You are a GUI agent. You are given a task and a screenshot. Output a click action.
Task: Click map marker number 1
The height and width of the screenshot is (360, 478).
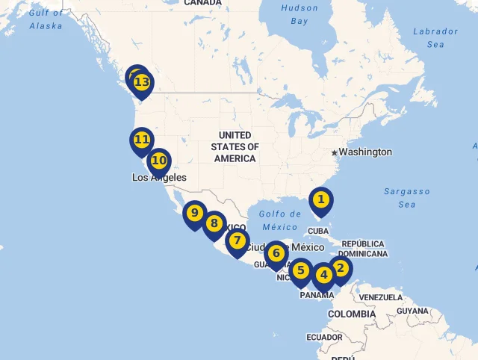[x=320, y=199]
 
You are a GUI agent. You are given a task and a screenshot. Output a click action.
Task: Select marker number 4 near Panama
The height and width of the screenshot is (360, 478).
[x=324, y=275]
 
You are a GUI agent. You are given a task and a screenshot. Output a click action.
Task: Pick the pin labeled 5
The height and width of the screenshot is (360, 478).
[x=301, y=270]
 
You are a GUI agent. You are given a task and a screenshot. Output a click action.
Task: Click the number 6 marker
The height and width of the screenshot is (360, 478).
[x=276, y=253]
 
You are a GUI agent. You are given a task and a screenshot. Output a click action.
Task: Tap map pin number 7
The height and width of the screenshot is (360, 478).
[x=237, y=241]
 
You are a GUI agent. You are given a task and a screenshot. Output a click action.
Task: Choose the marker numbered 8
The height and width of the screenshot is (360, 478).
[x=214, y=223]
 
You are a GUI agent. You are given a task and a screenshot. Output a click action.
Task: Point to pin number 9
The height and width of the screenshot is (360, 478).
[x=194, y=214]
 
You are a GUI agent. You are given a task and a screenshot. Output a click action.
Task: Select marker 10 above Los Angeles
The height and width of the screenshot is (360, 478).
[x=159, y=161]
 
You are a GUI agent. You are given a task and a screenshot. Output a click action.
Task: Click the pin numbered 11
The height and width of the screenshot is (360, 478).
[x=142, y=140]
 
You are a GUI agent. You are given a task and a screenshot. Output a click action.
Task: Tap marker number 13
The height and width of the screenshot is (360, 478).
[x=142, y=82]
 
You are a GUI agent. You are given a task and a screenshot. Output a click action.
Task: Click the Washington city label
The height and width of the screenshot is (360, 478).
[x=365, y=152]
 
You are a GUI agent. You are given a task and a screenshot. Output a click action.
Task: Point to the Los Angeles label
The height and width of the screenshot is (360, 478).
[x=159, y=178]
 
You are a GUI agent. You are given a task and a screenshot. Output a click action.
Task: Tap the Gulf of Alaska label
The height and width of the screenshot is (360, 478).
[x=46, y=19]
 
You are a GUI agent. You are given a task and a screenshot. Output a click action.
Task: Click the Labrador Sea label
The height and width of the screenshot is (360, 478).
[x=435, y=37]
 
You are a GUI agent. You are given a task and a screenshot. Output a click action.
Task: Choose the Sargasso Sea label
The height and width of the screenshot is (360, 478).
[x=406, y=198]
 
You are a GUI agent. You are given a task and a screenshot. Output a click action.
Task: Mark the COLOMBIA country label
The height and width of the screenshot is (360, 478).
[x=352, y=314]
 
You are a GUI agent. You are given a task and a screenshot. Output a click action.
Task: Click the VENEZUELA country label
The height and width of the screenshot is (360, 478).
[x=380, y=297]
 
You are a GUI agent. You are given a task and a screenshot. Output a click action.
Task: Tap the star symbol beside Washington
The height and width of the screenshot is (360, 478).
[x=334, y=152]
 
